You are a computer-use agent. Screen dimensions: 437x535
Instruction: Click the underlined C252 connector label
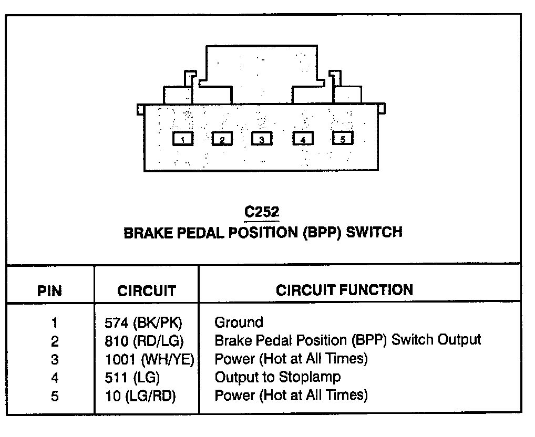click(x=262, y=212)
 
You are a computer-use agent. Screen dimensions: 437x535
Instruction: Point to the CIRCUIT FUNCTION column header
click(x=344, y=290)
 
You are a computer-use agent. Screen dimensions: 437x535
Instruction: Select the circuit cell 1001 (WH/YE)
click(x=150, y=360)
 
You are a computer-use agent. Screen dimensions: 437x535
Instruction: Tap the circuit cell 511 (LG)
click(x=132, y=378)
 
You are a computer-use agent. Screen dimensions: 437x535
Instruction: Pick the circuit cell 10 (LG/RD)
click(x=140, y=396)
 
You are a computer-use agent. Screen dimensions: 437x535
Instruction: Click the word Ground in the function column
click(x=239, y=322)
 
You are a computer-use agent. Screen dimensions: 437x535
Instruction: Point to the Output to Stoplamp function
click(x=277, y=377)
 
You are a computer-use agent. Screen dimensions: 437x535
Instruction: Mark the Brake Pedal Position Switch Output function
click(x=347, y=340)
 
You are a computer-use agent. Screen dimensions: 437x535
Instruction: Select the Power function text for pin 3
click(x=291, y=359)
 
